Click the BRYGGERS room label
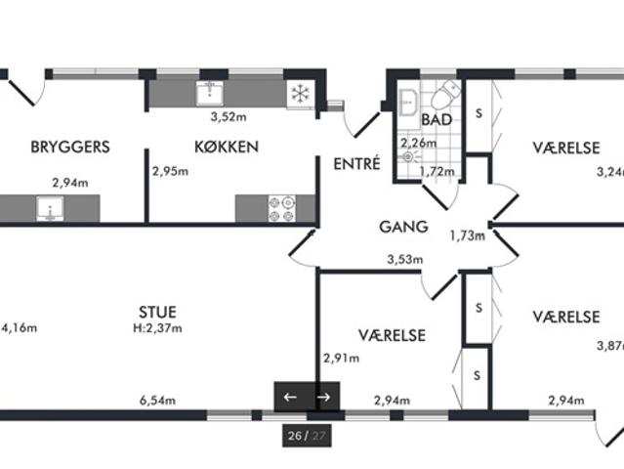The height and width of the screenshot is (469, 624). [70, 147]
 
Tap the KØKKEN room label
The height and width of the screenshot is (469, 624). [227, 147]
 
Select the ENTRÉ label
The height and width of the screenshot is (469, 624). [356, 163]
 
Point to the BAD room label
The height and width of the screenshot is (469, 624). [437, 119]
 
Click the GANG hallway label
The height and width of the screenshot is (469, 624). [403, 227]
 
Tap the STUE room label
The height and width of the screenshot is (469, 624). [157, 312]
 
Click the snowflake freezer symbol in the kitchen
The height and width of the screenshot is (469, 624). [301, 94]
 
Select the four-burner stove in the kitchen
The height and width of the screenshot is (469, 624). [282, 208]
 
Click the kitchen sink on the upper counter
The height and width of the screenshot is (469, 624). [210, 94]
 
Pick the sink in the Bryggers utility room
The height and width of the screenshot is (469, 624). [50, 208]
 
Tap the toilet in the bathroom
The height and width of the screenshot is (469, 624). [445, 95]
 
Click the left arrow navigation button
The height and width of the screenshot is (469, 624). [290, 397]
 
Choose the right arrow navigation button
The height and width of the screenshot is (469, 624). [324, 397]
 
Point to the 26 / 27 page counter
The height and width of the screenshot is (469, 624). [307, 436]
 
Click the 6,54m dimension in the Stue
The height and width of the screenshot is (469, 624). [157, 401]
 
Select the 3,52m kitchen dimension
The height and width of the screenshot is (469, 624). [229, 116]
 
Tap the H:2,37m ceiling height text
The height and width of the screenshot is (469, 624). [157, 328]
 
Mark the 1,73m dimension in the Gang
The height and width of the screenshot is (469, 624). [468, 235]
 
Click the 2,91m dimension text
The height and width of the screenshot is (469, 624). [342, 358]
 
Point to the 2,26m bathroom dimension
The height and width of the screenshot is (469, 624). [418, 142]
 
